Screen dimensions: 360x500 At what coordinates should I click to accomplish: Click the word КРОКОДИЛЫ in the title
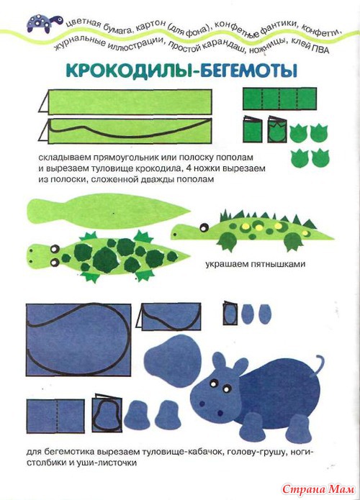coord(130,71)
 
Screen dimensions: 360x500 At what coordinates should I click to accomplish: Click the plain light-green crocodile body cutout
coord(109,211)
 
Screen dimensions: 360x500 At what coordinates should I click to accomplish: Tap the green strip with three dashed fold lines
coord(279,99)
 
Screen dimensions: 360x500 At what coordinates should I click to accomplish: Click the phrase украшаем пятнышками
coord(255,264)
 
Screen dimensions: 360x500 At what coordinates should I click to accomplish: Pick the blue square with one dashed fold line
coord(55,416)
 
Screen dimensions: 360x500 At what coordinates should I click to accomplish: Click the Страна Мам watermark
coord(318,488)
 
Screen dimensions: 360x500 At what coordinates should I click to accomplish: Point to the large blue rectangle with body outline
coord(78,340)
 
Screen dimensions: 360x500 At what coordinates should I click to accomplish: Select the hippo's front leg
coord(252,427)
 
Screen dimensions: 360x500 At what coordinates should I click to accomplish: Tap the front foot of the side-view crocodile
coord(228,242)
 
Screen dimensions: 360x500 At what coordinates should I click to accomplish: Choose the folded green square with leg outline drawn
coord(277,129)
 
